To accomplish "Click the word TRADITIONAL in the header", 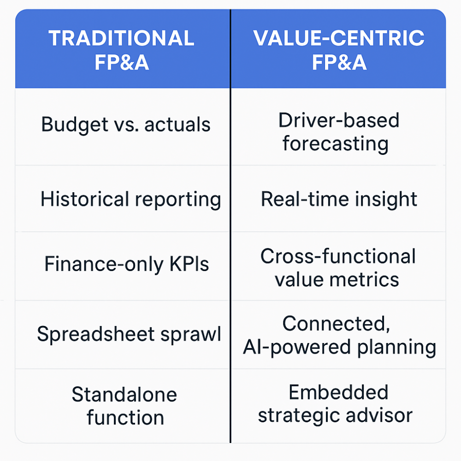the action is (121, 38).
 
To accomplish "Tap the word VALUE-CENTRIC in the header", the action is (339, 38).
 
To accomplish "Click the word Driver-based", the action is (339, 120).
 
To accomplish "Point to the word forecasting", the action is (336, 144).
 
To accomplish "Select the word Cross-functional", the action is (338, 256).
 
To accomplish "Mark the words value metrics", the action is (337, 280).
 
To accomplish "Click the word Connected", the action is (337, 324).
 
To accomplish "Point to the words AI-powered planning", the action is (340, 348).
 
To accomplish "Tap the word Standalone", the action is (124, 394).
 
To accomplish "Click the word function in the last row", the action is (125, 418).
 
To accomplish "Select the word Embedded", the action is (338, 392).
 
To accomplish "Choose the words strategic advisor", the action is (335, 416).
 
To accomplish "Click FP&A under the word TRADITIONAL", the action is (122, 62).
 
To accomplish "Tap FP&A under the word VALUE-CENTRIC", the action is (339, 62).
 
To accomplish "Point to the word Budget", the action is (75, 125).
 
